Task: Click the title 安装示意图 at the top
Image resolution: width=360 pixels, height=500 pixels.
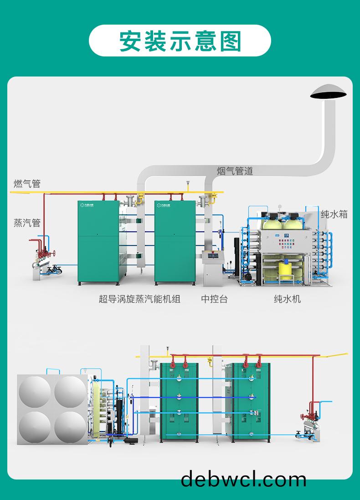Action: tap(180, 41)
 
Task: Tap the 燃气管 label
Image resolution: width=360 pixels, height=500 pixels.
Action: tap(27, 184)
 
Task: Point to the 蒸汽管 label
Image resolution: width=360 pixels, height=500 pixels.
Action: tap(27, 223)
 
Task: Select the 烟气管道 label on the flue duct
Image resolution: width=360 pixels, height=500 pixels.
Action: tap(235, 171)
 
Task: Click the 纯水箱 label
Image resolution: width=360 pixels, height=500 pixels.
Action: tap(334, 214)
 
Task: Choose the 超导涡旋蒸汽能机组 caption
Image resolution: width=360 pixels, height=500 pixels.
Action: tap(139, 299)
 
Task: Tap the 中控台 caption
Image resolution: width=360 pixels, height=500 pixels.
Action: tap(214, 299)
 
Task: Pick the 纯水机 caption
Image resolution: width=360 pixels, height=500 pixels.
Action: tap(287, 299)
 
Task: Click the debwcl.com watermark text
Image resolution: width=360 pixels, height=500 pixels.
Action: tap(243, 480)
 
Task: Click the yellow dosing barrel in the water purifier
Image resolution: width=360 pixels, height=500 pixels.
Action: tap(286, 270)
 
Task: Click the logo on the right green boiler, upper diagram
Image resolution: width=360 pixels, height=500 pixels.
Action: tap(166, 205)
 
